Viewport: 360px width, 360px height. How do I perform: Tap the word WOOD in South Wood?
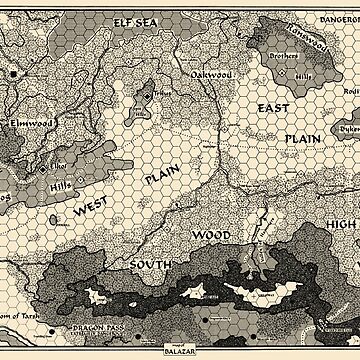(x=212, y=234)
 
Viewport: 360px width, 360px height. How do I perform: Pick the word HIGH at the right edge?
(x=340, y=225)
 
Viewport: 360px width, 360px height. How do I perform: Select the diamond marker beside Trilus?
(x=149, y=96)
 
